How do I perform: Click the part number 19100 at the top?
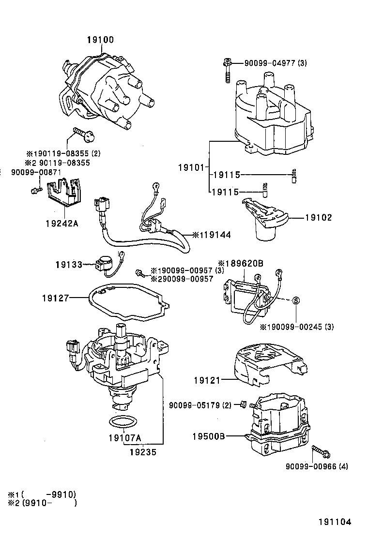100,40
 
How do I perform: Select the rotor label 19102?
318,218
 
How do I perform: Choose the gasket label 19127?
54,299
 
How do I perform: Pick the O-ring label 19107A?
124,438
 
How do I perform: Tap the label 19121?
207,381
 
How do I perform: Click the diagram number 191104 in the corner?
334,523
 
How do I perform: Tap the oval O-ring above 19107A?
122,421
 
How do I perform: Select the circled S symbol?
296,301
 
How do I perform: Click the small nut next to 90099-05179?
244,404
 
